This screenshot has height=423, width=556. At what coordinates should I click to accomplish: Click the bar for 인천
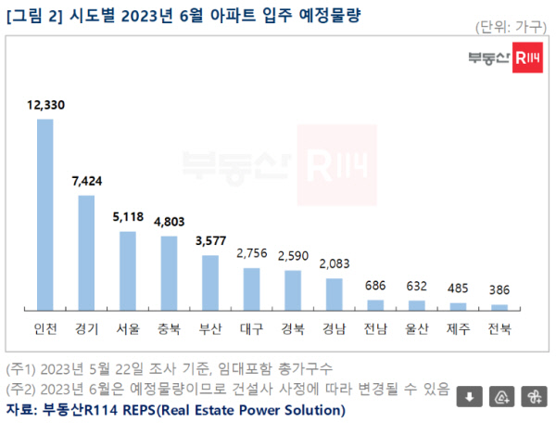pos(45,214)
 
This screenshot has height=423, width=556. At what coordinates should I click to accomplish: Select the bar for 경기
pos(86,253)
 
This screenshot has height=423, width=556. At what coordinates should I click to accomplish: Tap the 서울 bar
pos(128,271)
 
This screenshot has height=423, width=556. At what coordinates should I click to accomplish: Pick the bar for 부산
pos(210,283)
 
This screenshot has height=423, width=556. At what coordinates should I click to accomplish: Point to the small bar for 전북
pos(499,307)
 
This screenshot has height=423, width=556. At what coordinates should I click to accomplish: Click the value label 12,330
pos(45,105)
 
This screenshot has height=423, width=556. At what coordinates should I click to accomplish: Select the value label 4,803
pos(170,222)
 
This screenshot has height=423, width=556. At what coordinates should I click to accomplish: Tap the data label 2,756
pos(252,253)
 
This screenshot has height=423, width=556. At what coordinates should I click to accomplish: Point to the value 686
pos(375,286)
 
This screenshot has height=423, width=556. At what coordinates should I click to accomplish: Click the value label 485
pos(458,288)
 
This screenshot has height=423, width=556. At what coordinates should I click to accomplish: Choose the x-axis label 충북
pos(170,329)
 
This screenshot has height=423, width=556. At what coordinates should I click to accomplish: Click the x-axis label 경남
pos(334,329)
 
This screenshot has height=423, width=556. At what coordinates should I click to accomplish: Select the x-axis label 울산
pos(417,329)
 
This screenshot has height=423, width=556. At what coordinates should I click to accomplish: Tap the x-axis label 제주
pos(458,329)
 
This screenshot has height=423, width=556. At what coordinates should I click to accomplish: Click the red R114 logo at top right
pos(527,58)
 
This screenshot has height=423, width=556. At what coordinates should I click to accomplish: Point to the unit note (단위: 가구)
pos(511,27)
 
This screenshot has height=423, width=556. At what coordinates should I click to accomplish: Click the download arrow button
pos(470,396)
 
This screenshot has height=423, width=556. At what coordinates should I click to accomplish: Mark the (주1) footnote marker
pos(20,369)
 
